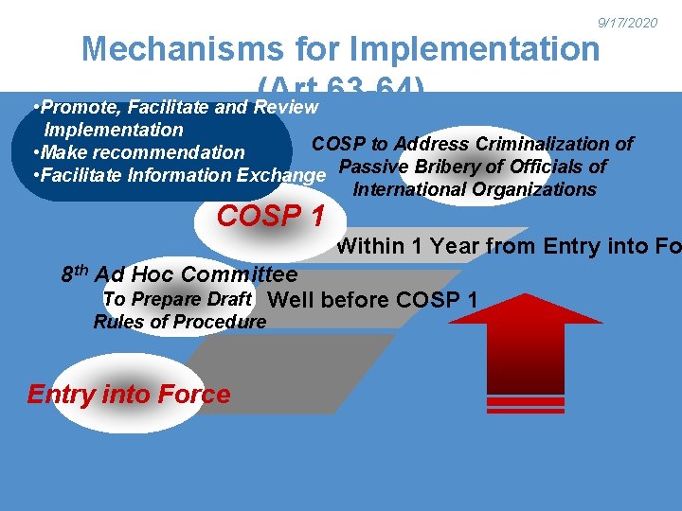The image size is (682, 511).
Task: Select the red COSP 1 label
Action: [270, 216]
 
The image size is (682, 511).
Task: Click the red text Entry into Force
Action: [129, 394]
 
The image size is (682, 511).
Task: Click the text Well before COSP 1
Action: [373, 301]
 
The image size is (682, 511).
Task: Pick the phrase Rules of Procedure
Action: [180, 322]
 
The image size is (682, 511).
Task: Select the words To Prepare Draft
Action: [176, 299]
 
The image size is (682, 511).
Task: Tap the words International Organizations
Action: [474, 189]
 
